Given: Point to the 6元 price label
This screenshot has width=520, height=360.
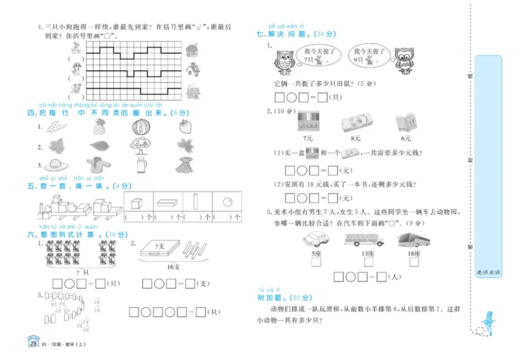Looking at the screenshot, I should (406, 138).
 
